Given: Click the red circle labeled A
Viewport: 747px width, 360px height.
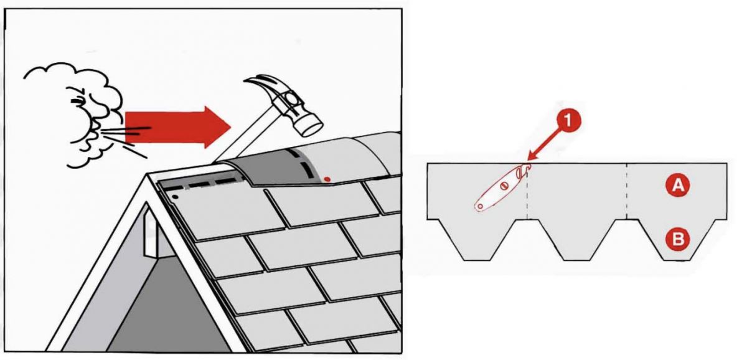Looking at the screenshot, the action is tap(678, 185).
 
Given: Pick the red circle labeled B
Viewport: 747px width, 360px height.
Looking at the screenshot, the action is tap(678, 239).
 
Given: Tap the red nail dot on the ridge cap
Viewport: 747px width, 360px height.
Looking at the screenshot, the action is tap(327, 179).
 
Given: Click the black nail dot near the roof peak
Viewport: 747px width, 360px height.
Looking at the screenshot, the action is tap(175, 197).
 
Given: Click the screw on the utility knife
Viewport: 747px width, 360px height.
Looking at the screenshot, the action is tap(504, 186).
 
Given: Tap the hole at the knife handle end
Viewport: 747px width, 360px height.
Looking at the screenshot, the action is tap(480, 206).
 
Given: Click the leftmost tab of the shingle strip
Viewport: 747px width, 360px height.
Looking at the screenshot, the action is tap(477, 240).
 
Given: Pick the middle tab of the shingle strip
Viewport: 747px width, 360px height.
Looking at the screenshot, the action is tap(576, 240).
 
